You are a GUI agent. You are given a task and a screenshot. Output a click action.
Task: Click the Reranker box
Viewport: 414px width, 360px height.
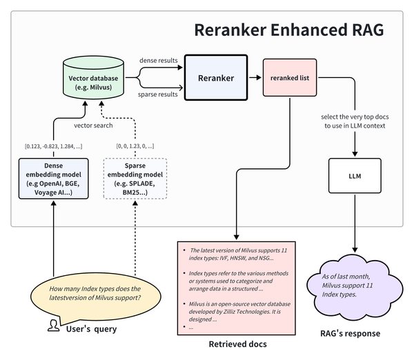click(x=216, y=79)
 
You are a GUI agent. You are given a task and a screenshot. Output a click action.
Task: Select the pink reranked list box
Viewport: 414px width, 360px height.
click(x=289, y=78)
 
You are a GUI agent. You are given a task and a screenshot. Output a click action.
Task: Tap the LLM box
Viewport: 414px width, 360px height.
click(x=355, y=177)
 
